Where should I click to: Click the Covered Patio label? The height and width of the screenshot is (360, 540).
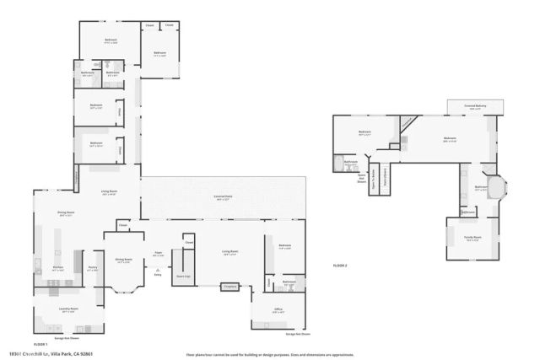(224, 200)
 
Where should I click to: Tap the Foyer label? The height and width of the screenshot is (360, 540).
(158, 252)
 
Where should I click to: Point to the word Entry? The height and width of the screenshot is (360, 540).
(158, 274)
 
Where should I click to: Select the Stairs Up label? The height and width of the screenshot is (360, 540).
(181, 275)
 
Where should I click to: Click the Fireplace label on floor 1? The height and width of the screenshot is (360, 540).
(228, 287)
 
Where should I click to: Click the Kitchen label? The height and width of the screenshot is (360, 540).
(58, 269)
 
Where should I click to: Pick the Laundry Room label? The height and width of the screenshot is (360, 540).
(69, 310)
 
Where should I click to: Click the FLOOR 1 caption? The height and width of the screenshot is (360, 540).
(40, 344)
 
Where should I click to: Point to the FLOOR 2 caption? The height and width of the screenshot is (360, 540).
(340, 266)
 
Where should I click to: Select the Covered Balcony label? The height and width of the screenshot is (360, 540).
(475, 106)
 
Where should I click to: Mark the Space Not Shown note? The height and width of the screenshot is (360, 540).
(360, 177)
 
